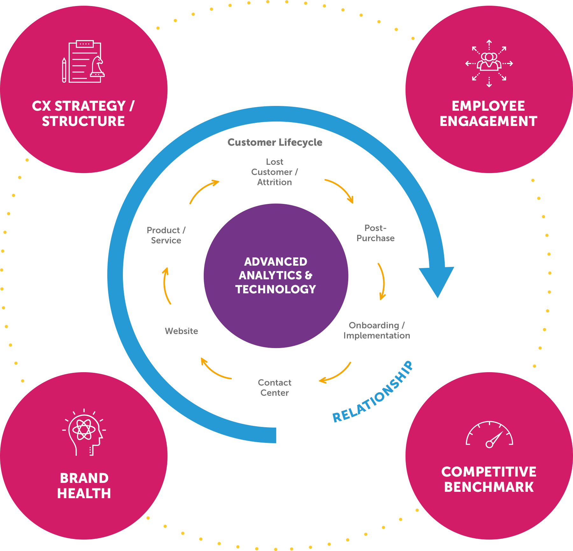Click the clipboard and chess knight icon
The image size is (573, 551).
pos(84,62)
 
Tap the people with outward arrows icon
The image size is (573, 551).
pos(489,63)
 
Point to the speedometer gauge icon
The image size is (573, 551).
pos(489,435)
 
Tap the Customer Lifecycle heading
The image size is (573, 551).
pos(275,142)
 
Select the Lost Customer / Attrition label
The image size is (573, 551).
pos(274,172)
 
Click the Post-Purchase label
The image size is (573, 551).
pos(375,233)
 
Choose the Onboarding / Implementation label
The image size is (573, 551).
pos(377,331)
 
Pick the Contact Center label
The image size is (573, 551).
pos(274,387)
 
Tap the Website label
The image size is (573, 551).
pos(181,331)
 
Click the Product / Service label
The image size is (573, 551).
pos(166,235)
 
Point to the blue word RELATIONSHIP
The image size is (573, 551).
pos(373,392)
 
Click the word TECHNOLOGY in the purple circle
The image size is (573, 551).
pos(276,289)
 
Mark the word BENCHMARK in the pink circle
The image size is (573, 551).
pos(489,487)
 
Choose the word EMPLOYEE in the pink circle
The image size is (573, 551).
pos(488,106)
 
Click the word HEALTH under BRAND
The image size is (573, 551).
pos(84,493)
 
